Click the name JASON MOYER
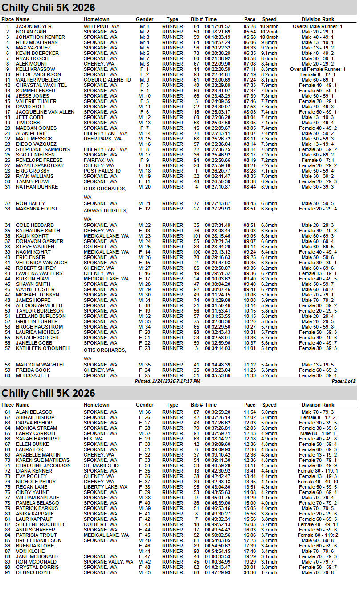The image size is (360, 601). [x=34, y=27]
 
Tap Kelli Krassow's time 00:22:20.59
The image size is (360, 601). [x=218, y=70]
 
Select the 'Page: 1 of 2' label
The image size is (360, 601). [x=344, y=381]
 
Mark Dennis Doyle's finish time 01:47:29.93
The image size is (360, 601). [x=218, y=572]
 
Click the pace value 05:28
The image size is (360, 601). [x=250, y=27]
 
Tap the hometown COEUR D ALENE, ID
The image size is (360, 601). [x=107, y=80]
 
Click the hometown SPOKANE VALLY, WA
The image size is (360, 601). [x=109, y=562]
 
